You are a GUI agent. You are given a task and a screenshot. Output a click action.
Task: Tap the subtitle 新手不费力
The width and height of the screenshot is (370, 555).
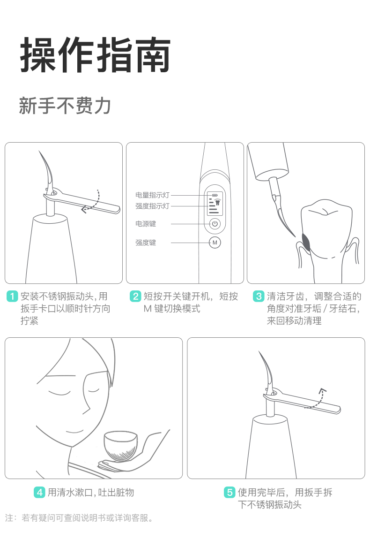pyautogui.click(x=65, y=106)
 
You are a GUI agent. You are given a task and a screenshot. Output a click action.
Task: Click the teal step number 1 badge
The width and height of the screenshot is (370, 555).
pyautogui.click(x=12, y=296)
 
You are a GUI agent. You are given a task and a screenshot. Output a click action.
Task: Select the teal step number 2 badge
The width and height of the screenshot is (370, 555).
pyautogui.click(x=135, y=296)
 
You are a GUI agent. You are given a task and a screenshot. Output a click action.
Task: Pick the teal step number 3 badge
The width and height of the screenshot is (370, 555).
pyautogui.click(x=259, y=296)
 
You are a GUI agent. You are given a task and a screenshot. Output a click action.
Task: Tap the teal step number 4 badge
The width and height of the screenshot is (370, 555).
pyautogui.click(x=40, y=492)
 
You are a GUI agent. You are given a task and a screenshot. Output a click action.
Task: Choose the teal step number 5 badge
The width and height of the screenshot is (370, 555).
pyautogui.click(x=229, y=492)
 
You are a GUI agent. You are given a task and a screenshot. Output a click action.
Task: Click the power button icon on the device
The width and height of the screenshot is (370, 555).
pyautogui.click(x=215, y=224)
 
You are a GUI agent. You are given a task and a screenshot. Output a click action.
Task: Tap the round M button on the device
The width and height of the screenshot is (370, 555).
pyautogui.click(x=215, y=243)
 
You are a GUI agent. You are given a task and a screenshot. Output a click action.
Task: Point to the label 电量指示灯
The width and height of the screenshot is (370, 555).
pyautogui.click(x=152, y=195)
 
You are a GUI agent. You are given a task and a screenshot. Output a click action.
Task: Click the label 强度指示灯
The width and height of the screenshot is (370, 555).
pyautogui.click(x=152, y=206)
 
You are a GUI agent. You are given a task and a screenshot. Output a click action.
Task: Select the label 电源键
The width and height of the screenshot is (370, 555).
pyautogui.click(x=146, y=224)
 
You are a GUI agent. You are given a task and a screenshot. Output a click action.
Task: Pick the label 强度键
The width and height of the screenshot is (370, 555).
pyautogui.click(x=146, y=243)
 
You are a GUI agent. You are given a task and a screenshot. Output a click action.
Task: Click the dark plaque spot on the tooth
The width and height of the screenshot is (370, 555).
pyautogui.click(x=306, y=243)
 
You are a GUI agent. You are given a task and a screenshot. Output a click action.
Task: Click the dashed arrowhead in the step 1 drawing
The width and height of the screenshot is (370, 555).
pyautogui.click(x=84, y=210)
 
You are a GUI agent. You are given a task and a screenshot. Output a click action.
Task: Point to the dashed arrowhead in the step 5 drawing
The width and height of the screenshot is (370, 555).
pyautogui.click(x=322, y=391)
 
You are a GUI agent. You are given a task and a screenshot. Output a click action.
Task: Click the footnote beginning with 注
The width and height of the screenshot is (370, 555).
pyautogui.click(x=80, y=518)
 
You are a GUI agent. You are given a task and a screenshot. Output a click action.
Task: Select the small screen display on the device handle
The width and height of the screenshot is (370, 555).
pyautogui.click(x=215, y=204)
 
